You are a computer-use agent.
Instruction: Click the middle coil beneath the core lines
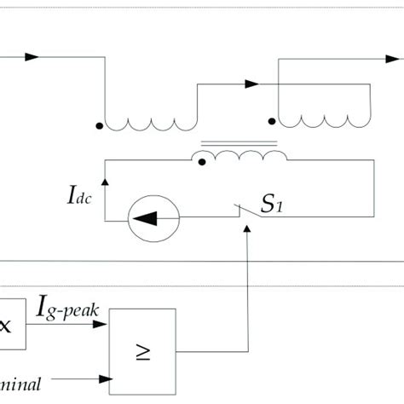(x=241, y=159)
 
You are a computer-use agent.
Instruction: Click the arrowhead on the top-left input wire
(x=32, y=57)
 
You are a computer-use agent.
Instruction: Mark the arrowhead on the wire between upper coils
(x=251, y=84)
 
